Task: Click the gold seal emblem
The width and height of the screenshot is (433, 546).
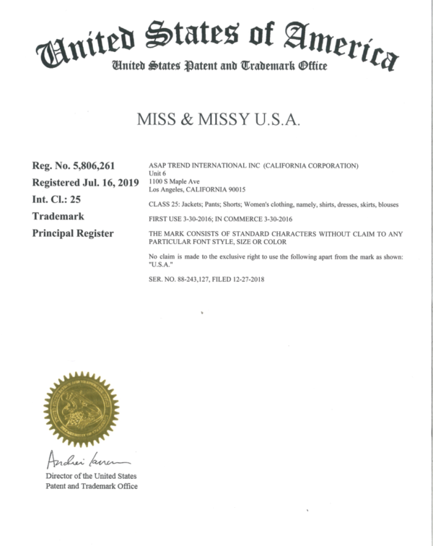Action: [81, 408]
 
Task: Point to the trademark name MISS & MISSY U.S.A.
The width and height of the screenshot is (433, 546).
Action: [218, 120]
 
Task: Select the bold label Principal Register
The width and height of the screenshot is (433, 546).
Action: [72, 233]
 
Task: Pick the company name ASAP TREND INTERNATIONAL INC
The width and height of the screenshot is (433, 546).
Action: [201, 166]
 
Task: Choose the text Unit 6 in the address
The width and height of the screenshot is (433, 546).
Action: [157, 173]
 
